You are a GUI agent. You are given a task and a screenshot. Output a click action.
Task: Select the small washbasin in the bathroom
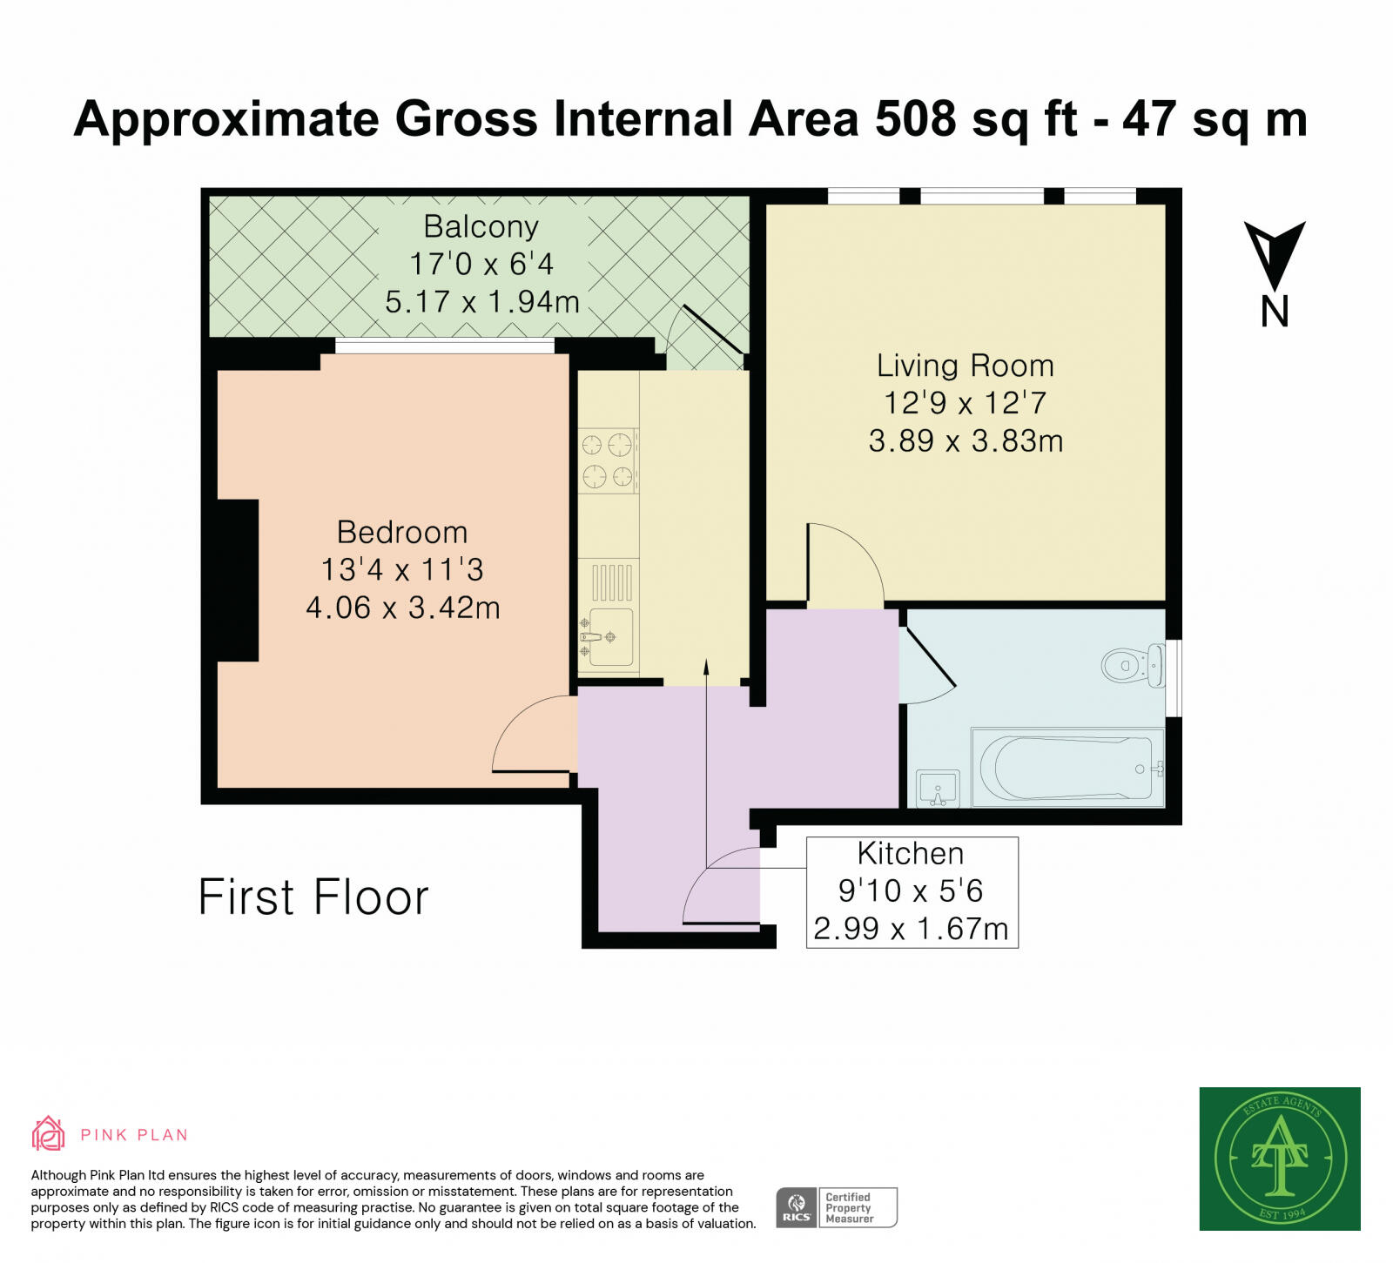pos(938,789)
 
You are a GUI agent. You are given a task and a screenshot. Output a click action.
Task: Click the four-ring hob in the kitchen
pos(608,460)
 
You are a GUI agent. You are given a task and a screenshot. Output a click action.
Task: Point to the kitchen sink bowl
pos(611,636)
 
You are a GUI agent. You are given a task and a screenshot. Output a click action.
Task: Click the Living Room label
pos(965,366)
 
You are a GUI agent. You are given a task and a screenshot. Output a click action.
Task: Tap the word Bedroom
pos(402,532)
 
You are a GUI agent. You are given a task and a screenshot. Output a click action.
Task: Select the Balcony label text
pos(481,226)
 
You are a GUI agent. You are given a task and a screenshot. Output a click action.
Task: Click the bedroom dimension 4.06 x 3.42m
pos(403,608)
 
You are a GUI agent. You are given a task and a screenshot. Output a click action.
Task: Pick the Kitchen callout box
pos(912,891)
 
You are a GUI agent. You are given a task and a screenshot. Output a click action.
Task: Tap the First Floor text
pos(313,897)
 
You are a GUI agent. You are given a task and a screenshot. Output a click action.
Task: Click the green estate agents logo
pos(1279,1158)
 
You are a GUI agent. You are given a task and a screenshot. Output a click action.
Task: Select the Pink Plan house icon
pos(49,1133)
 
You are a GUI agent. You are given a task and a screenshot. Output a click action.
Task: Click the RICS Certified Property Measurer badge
pos(836,1207)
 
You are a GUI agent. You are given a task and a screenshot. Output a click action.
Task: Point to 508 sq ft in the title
pos(976,119)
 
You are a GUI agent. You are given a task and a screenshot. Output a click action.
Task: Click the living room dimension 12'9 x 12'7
pos(965,403)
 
